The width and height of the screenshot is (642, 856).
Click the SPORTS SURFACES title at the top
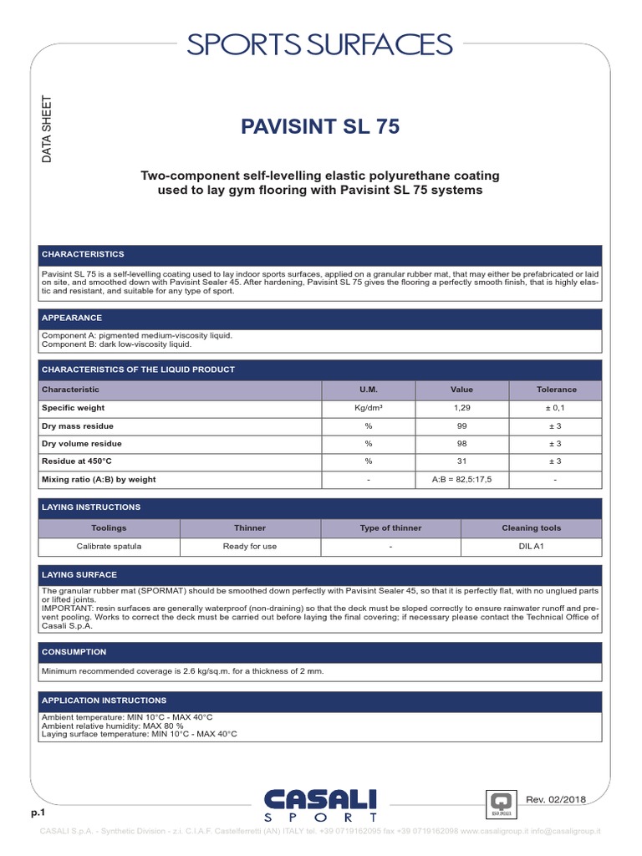[320, 44]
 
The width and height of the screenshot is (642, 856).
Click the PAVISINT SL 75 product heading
[320, 127]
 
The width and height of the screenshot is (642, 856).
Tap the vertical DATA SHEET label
[48, 125]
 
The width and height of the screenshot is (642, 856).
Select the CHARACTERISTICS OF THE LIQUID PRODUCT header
[139, 369]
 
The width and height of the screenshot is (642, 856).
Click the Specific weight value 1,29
[461, 408]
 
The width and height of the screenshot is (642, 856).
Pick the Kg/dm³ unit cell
[368, 408]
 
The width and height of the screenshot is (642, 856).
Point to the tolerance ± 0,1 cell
[556, 408]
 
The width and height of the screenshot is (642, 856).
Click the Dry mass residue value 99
[461, 426]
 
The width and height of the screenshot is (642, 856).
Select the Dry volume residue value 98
[461, 444]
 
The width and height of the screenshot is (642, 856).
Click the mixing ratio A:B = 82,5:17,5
[461, 480]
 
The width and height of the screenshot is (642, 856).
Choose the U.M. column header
[368, 390]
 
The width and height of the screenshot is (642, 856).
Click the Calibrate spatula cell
[110, 547]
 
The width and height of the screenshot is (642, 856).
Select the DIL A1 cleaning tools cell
[531, 547]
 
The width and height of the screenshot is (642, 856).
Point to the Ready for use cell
[250, 547]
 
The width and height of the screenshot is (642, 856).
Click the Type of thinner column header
[390, 528]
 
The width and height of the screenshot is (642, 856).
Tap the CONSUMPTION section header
[74, 651]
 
